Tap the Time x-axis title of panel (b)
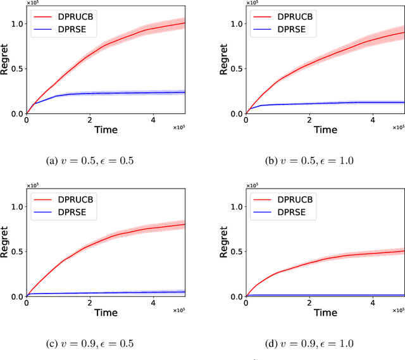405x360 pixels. click(x=325, y=129)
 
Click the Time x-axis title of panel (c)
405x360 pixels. click(x=106, y=312)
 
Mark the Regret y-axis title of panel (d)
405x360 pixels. click(x=225, y=244)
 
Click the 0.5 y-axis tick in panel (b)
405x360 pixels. click(x=235, y=69)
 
